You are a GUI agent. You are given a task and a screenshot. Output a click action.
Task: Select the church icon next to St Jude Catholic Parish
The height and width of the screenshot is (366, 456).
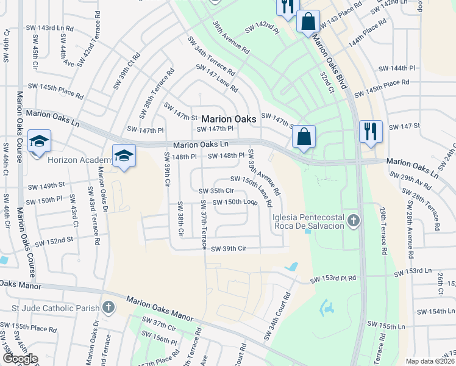point(109,307)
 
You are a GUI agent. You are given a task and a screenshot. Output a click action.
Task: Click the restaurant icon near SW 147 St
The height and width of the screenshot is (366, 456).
point(371,131)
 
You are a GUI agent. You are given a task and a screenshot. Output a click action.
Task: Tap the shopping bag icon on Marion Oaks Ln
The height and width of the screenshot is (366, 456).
point(304,137)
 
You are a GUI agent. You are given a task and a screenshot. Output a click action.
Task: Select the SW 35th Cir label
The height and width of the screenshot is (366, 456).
point(216,190)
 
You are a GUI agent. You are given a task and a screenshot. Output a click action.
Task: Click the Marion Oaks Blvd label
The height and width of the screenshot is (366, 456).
point(329,58)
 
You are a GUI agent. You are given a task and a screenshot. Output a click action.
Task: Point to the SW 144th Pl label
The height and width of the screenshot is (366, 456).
point(396,68)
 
